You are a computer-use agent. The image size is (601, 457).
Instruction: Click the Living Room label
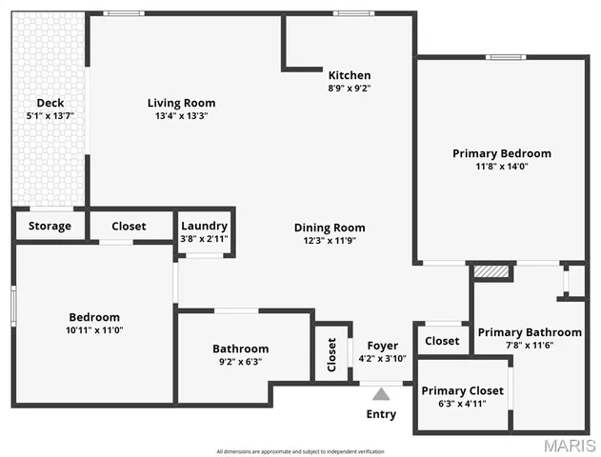(x=181, y=103)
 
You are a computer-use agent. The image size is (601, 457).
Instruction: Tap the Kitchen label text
(x=350, y=75)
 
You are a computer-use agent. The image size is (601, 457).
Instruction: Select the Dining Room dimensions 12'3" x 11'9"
(x=330, y=241)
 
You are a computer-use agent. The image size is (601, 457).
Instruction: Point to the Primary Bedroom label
(x=501, y=152)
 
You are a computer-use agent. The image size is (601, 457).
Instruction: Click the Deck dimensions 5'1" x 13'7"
(x=50, y=115)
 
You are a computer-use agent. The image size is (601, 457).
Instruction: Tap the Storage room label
(x=50, y=226)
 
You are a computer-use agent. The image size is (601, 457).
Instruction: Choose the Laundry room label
(x=205, y=226)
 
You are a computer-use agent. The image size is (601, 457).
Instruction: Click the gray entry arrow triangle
(x=381, y=394)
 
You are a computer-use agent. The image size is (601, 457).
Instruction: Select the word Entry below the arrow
(x=381, y=414)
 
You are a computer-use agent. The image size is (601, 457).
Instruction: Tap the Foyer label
(x=383, y=346)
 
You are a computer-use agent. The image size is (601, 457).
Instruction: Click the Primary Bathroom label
(x=530, y=332)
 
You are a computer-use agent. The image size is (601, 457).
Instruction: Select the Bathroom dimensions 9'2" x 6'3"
(x=240, y=362)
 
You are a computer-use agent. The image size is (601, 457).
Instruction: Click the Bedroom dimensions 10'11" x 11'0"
(x=94, y=330)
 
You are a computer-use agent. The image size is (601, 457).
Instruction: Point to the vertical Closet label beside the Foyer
(x=332, y=353)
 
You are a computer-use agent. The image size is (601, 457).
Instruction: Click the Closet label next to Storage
(x=129, y=226)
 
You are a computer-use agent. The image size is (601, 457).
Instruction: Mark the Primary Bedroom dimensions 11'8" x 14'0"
(x=501, y=166)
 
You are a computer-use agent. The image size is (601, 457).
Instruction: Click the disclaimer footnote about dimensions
(x=300, y=450)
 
